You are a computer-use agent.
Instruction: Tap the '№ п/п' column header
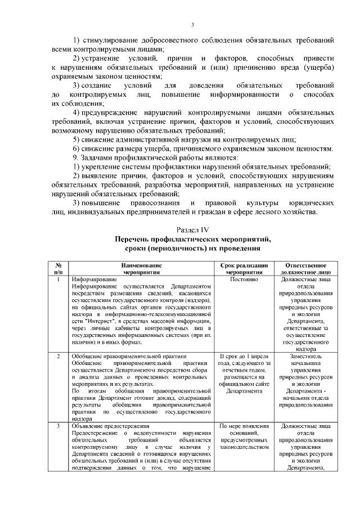[x=58, y=268]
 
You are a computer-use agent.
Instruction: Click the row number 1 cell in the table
[x=58, y=280]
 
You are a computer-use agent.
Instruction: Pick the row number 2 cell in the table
[x=58, y=357]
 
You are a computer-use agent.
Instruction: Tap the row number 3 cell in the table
[x=58, y=426]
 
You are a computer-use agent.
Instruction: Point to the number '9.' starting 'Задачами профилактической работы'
[x=76, y=157]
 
